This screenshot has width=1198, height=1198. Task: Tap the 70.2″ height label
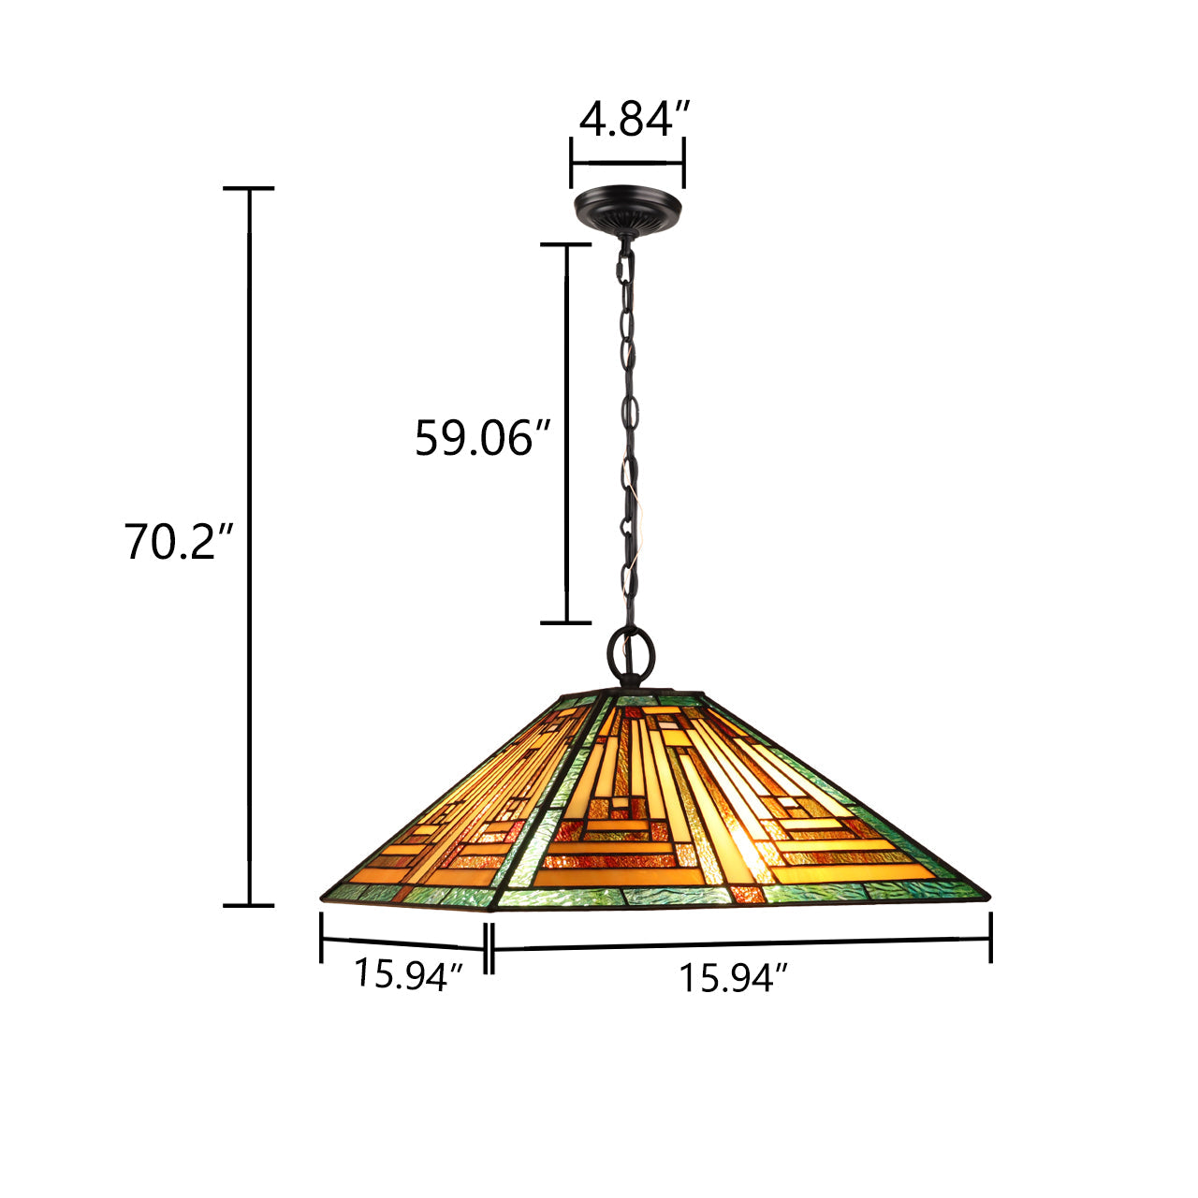click(x=179, y=542)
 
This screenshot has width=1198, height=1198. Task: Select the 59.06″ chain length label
click(x=482, y=438)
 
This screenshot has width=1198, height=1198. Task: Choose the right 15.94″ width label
click(x=734, y=977)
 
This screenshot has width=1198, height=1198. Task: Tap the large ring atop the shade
click(x=631, y=656)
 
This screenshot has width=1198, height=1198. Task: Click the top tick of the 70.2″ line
click(x=249, y=188)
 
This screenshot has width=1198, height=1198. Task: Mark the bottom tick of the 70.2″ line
click(x=249, y=906)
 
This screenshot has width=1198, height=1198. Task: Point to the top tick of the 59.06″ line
click(x=565, y=245)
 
